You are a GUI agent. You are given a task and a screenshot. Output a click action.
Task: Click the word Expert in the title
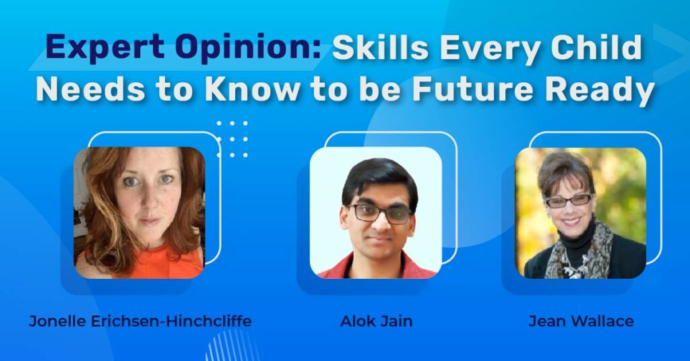(105, 47)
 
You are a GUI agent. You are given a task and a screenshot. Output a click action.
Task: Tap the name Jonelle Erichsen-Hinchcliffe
(140, 321)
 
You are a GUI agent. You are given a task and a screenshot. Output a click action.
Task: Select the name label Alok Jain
(376, 321)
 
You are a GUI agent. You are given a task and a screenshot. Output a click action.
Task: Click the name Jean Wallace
(581, 321)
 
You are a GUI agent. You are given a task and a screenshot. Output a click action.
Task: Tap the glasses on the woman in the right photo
(569, 201)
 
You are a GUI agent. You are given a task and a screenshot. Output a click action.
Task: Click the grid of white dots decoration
(232, 139)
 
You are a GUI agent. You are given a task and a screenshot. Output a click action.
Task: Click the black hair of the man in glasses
(379, 181)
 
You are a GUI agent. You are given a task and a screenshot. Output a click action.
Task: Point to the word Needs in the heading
(90, 90)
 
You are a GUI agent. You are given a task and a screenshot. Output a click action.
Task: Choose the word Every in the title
(489, 47)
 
